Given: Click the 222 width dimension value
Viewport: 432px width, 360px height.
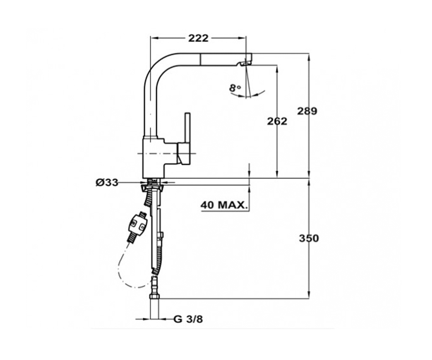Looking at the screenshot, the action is tap(198, 38).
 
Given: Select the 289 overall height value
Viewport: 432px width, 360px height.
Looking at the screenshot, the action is tap(307, 111).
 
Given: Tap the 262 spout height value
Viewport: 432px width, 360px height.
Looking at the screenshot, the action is tap(277, 121).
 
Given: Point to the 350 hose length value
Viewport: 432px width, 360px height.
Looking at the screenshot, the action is tap(309, 238).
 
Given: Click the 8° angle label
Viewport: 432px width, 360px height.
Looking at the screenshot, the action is tap(235, 88).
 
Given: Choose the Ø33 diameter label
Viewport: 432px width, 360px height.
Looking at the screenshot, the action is tap(107, 183).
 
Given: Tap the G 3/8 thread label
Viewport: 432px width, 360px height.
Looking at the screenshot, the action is tap(188, 319).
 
